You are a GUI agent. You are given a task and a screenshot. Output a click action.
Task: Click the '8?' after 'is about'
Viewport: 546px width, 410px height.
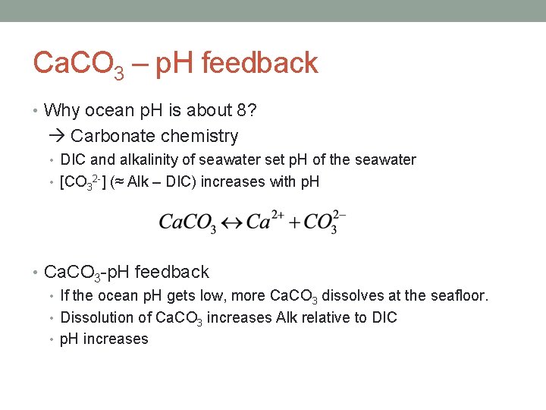click(x=246, y=111)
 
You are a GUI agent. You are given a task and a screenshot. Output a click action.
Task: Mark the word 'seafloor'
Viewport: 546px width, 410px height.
click(x=457, y=295)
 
